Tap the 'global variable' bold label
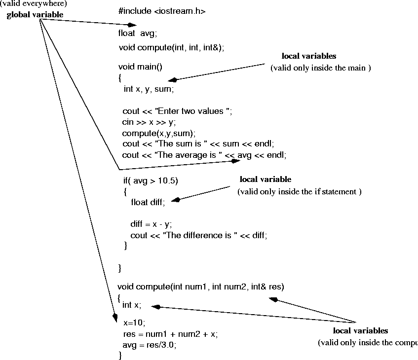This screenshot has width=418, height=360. (x=35, y=15)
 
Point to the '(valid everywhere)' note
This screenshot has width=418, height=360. (x=34, y=4)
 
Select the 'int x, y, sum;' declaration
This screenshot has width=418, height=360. (x=149, y=89)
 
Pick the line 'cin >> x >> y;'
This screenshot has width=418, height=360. (x=149, y=122)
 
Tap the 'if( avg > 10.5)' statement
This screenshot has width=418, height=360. (x=151, y=180)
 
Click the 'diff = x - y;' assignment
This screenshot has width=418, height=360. (x=151, y=224)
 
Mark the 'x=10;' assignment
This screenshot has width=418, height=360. (x=134, y=323)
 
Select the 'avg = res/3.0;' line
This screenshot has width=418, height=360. (x=150, y=345)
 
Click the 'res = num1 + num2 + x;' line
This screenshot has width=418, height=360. (x=170, y=334)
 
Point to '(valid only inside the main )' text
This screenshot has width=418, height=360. (x=321, y=68)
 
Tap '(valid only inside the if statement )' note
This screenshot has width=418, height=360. (x=300, y=191)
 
